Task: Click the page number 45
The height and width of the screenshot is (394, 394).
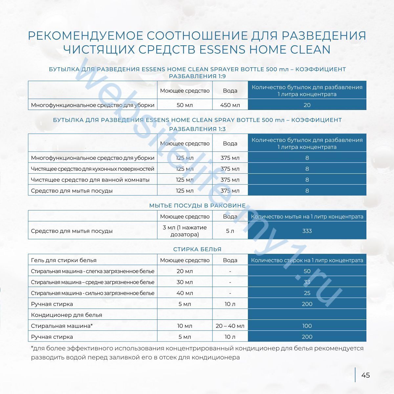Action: coord(365,375)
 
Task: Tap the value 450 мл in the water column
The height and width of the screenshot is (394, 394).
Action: coord(230,105)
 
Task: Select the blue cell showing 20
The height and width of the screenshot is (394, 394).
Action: coord(307,105)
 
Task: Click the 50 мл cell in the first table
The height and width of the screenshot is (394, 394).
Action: coord(185,105)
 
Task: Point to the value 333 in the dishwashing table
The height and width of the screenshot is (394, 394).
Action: coord(307,231)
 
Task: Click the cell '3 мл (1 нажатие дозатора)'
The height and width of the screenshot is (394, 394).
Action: coord(185,231)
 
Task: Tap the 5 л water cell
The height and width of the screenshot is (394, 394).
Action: coord(230,231)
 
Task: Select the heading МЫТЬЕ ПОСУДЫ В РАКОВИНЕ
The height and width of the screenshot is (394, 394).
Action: coord(197,206)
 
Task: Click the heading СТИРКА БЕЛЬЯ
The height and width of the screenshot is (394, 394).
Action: coord(197,249)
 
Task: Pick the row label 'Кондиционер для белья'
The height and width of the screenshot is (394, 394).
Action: coord(66,315)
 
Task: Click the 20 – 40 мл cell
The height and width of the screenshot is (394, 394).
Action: coord(230,326)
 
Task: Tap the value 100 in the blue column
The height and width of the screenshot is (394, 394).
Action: coord(307,326)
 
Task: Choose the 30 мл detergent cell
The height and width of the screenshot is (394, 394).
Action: coord(185,282)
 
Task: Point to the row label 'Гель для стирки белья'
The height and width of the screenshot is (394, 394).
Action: coord(64,260)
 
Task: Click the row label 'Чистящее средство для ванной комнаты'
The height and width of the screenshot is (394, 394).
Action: coord(90,180)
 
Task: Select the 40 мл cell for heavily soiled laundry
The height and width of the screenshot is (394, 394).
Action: coord(185,293)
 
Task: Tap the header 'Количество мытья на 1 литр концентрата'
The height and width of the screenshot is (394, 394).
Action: coord(307,217)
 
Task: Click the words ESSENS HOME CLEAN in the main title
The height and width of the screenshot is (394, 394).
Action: coord(264,49)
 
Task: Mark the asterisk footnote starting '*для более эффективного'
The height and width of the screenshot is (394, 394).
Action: coord(197,353)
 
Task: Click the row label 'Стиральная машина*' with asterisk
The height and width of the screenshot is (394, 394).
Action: coord(62,326)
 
